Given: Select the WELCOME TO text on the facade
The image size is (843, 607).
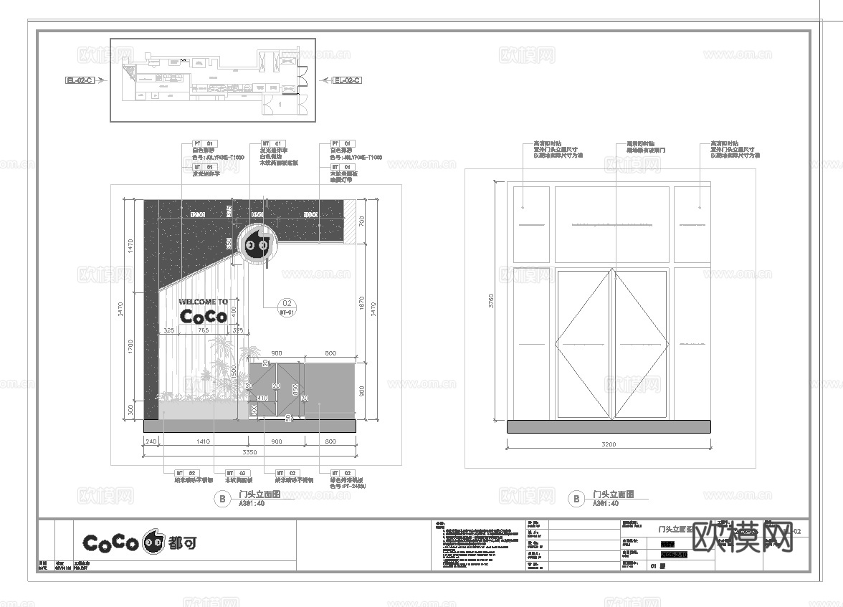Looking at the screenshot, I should pyautogui.click(x=203, y=302).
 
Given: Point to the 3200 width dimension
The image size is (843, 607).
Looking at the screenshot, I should pyautogui.click(x=609, y=445).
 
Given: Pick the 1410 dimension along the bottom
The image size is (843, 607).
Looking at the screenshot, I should pyautogui.click(x=203, y=441).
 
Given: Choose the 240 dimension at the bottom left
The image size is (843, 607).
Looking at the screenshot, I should pyautogui.click(x=151, y=441).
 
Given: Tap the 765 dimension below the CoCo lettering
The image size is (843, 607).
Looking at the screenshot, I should pyautogui.click(x=203, y=330).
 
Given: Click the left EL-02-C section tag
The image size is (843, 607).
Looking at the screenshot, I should pyautogui.click(x=79, y=80).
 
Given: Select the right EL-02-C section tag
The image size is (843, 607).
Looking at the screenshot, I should pyautogui.click(x=347, y=80).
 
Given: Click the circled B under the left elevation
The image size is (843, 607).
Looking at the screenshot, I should pyautogui.click(x=222, y=499).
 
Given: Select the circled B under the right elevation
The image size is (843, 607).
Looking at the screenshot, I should pyautogui.click(x=576, y=499).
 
